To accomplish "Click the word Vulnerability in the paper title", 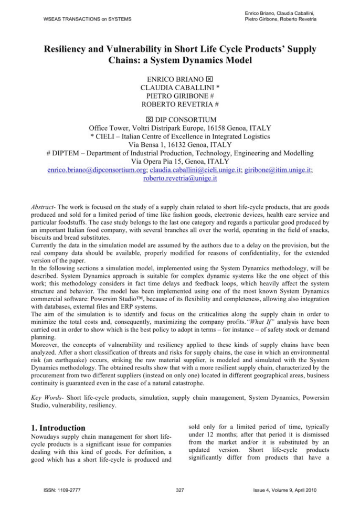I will tap(140, 49).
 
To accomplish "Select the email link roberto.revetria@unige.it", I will tap(180, 178).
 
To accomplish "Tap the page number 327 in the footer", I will tap(180, 490).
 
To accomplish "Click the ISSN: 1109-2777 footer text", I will tap(57, 490).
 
